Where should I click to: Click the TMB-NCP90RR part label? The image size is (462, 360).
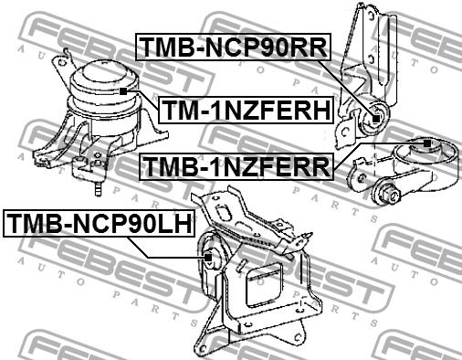pos(233,47)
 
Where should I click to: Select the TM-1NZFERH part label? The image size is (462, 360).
pos(247,110)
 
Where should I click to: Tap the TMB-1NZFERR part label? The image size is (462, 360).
pos(236,166)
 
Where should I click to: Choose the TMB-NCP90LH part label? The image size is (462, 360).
pos(99,223)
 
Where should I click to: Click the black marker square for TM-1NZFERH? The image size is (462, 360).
pos(123,91)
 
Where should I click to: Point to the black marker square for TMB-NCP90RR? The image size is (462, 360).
pos(376,119)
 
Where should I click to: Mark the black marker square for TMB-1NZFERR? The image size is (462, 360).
pos(427,143)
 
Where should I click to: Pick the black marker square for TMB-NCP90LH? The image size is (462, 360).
pos(208,258)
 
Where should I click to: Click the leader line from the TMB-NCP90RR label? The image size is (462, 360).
pos(346,90)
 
